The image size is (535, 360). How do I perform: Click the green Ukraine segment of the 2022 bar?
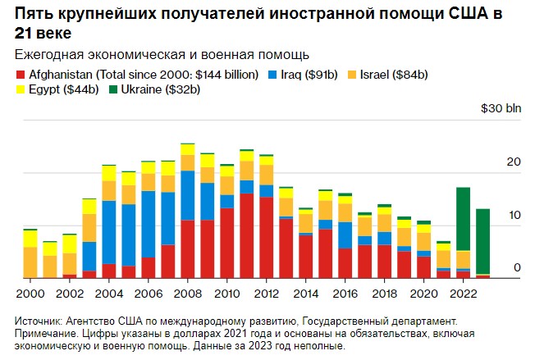coord(463,218)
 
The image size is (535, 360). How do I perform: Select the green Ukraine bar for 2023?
coord(483,241)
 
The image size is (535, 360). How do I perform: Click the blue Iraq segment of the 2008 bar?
coord(187,195)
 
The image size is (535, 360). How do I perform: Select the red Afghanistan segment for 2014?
coord(305,256)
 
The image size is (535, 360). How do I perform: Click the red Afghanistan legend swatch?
coord(21,75)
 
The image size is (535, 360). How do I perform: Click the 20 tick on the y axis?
coord(514,162)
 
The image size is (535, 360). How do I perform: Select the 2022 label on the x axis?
coord(463,293)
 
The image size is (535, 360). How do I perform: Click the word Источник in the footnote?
coord(42,321)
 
